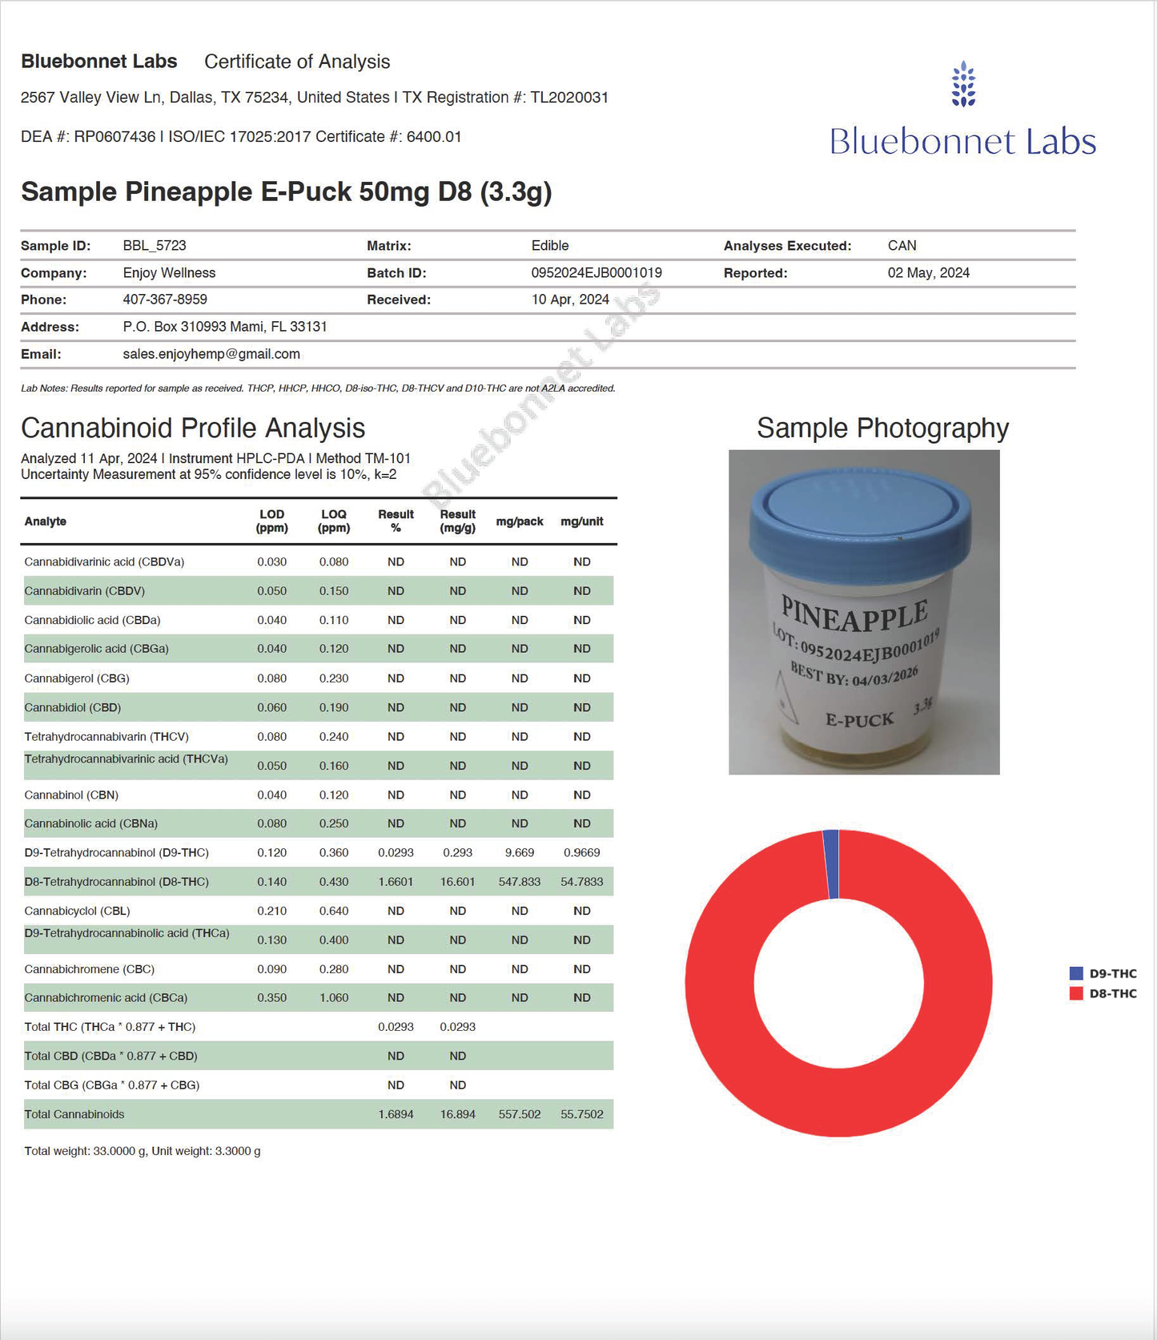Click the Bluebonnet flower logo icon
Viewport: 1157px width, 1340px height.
point(963,84)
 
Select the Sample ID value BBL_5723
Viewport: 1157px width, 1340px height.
point(155,246)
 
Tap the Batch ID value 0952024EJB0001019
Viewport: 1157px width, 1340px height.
point(597,273)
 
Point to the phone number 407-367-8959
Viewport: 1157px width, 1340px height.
point(165,300)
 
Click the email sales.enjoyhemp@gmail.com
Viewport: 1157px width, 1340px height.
point(211,354)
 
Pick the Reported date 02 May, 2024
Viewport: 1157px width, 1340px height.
point(928,273)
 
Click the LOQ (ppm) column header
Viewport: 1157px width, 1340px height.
point(334,521)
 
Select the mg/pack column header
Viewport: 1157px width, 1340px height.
point(520,521)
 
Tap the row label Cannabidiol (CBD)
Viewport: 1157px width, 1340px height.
point(73,707)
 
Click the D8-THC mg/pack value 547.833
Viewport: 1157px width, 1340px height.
point(520,882)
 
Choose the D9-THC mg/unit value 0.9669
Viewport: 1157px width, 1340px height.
point(582,853)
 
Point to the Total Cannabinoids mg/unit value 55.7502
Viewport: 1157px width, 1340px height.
point(582,1114)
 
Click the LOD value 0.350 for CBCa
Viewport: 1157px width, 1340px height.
point(272,998)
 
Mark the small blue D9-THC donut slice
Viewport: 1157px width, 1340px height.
point(831,863)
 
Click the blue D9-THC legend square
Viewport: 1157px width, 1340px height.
point(1076,974)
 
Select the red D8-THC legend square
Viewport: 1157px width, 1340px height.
point(1076,994)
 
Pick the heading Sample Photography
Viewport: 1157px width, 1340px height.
point(882,429)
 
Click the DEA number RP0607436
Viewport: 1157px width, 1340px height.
point(114,137)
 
